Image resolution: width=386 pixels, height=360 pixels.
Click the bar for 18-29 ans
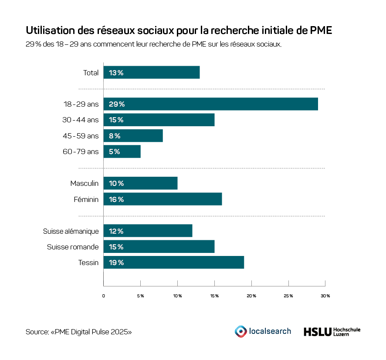point(210,104)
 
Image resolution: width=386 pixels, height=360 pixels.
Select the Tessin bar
point(173,262)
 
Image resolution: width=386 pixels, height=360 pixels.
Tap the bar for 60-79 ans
point(122,151)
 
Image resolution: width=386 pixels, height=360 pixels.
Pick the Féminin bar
point(163,199)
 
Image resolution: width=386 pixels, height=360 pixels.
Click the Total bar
point(151,73)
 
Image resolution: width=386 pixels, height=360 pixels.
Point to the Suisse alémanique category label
point(71,231)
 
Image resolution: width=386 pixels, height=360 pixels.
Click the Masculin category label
point(85,183)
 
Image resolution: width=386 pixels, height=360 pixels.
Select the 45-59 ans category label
point(81,136)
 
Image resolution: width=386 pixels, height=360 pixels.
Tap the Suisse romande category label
point(73,247)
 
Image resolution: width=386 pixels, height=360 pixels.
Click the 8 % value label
point(115,136)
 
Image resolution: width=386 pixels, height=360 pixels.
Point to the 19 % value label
point(116,262)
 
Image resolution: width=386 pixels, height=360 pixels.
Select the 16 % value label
point(116,199)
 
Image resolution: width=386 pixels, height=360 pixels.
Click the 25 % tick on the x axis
point(288,296)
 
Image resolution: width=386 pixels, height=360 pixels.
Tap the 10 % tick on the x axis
point(177,296)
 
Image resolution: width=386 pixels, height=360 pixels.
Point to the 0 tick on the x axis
point(104,296)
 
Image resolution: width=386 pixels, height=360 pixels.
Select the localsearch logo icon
point(240,331)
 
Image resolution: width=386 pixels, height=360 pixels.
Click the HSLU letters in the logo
point(317,332)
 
